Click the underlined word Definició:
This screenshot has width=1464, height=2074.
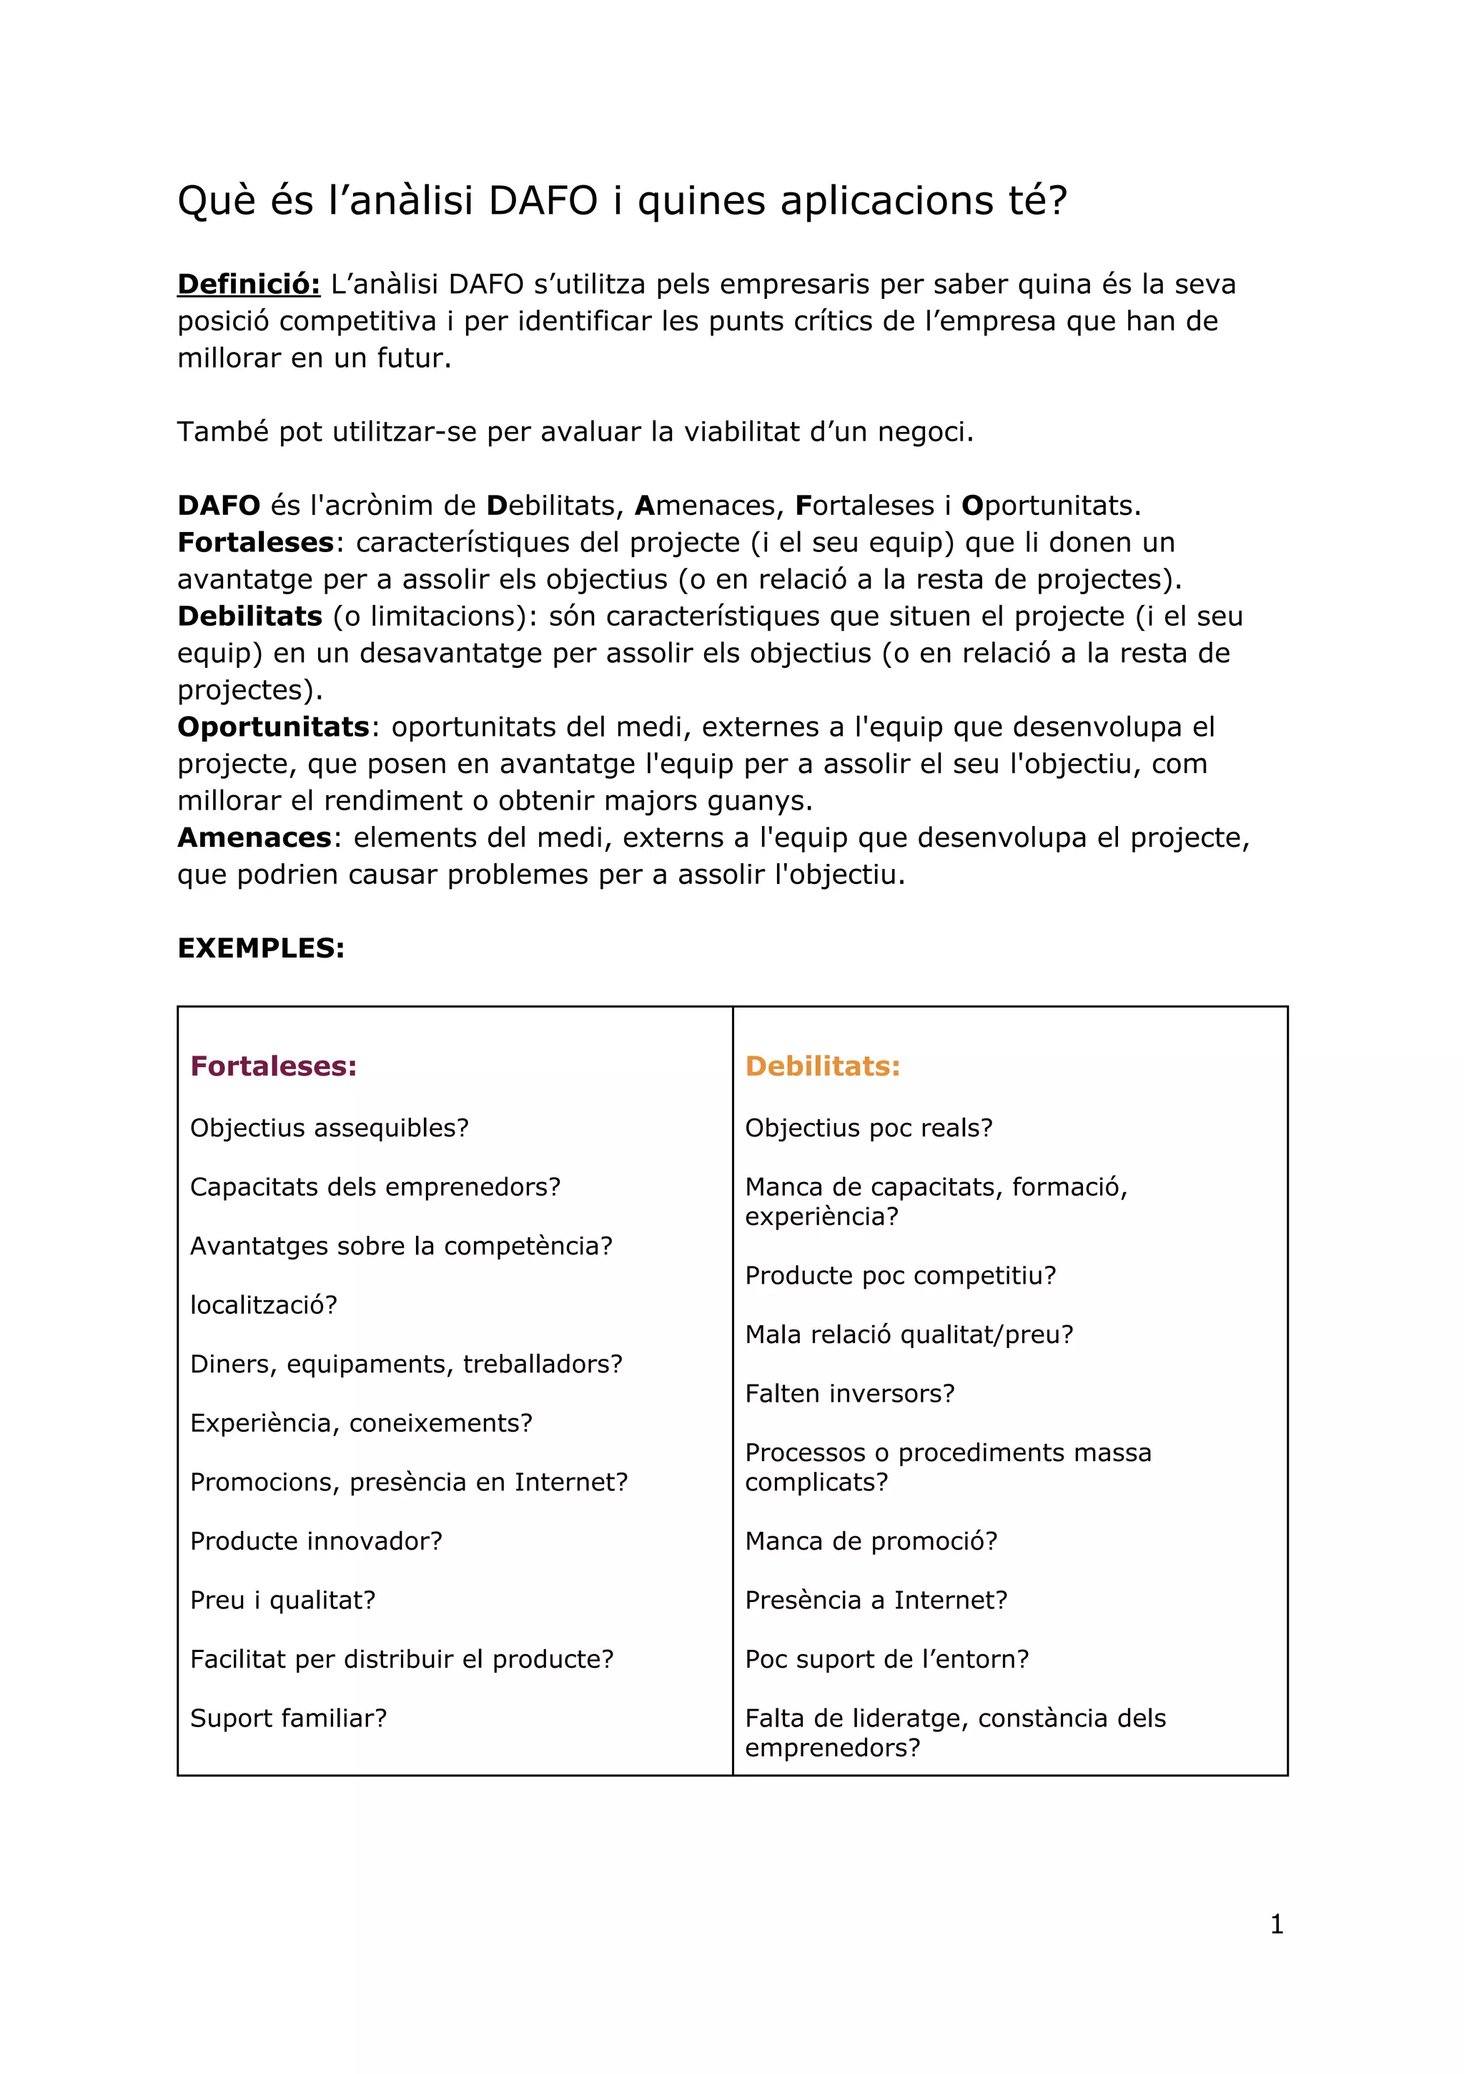(248, 285)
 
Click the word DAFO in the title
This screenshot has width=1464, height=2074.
(543, 200)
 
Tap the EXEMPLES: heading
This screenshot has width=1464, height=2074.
(261, 948)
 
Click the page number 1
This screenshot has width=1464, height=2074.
(1276, 1925)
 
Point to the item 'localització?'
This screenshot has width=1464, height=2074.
(264, 1305)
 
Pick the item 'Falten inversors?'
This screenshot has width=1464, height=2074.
(849, 1394)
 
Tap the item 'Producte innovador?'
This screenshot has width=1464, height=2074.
(316, 1541)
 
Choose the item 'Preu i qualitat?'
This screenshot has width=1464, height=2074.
(282, 1600)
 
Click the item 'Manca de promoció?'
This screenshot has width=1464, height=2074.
(871, 1541)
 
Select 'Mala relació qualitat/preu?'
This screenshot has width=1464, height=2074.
(909, 1335)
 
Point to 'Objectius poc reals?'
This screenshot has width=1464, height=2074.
(868, 1129)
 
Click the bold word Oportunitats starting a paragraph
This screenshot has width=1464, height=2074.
(273, 727)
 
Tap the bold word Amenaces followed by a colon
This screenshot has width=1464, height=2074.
(254, 837)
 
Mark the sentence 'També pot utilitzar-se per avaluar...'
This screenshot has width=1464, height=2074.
(575, 432)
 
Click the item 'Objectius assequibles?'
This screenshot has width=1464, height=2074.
(329, 1129)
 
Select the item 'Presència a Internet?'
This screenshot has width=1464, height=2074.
(875, 1600)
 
